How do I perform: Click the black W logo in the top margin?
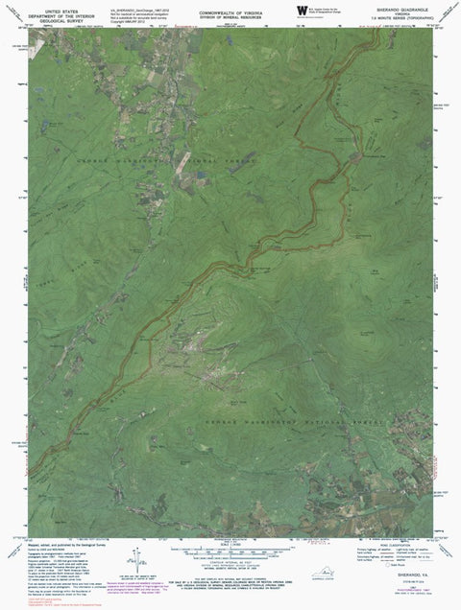click(301, 9)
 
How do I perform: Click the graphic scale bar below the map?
click(230, 548)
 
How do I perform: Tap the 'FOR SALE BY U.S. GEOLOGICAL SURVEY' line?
click(230, 575)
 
